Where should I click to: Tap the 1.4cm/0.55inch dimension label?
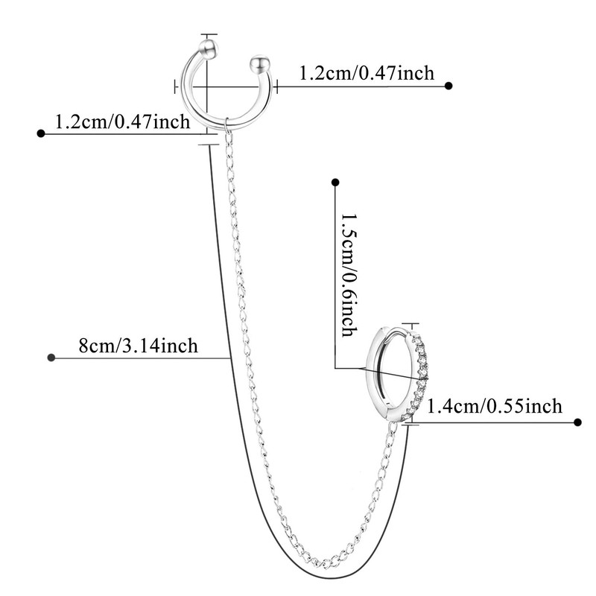(493, 406)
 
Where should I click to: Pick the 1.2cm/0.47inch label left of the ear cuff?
(123, 121)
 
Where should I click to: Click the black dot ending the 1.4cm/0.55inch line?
(577, 422)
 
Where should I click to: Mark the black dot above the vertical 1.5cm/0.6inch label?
(335, 181)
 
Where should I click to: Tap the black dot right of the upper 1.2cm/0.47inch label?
(448, 86)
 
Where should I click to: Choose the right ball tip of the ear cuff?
(259, 61)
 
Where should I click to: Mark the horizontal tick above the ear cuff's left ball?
(209, 34)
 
